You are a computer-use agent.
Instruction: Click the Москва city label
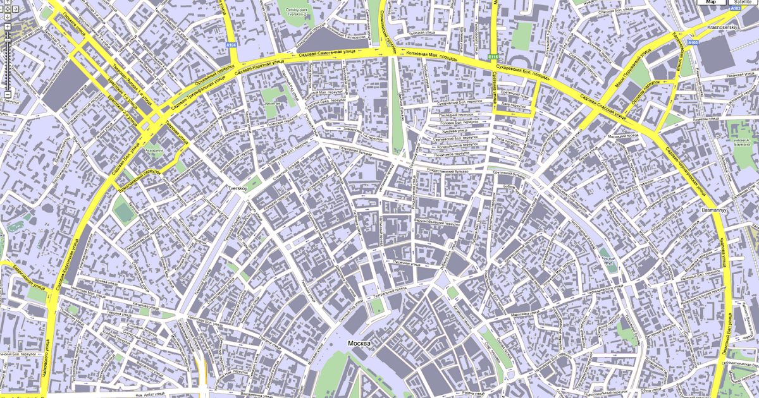point(360,343)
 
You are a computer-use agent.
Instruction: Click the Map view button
point(711,3)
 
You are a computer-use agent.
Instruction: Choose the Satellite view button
point(743,3)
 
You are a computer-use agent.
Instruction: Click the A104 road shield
point(232,45)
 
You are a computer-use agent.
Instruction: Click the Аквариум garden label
point(154,152)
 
